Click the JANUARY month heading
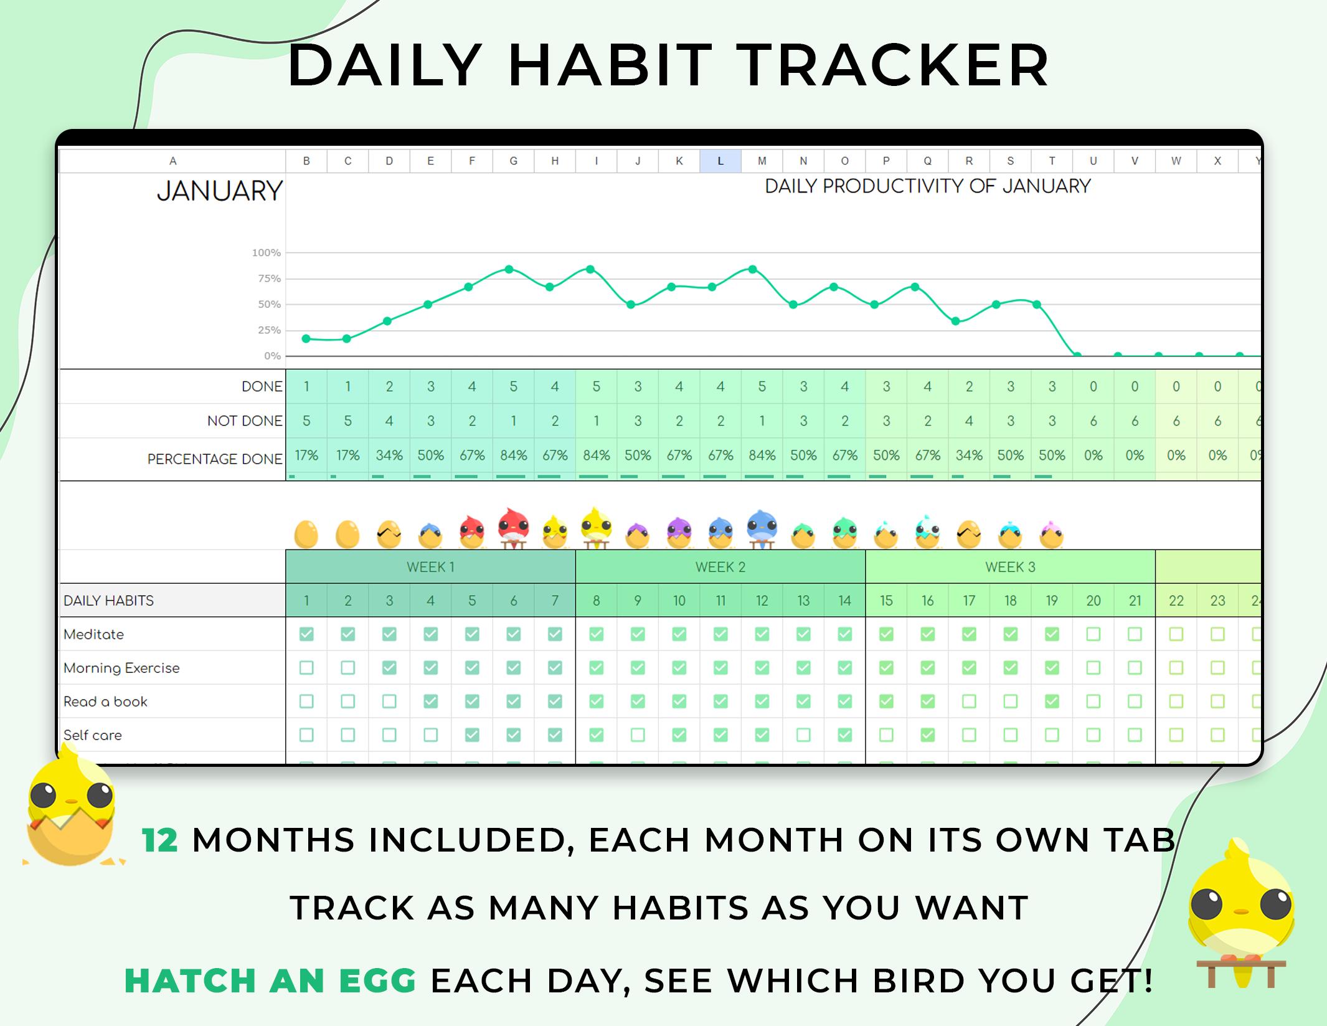[x=219, y=191]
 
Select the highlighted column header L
[x=720, y=161]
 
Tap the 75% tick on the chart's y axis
[x=269, y=278]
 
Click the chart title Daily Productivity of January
[x=927, y=186]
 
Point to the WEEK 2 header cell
[x=720, y=567]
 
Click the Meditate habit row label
[x=94, y=634]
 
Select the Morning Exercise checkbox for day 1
[x=306, y=668]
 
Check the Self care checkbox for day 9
[x=638, y=735]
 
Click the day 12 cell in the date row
[x=762, y=601]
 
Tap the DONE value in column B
[x=306, y=386]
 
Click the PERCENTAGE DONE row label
[x=214, y=459]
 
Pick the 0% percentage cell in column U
[x=1093, y=455]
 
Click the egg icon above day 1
[x=306, y=534]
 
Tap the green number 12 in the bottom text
[x=160, y=840]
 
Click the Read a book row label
[x=105, y=701]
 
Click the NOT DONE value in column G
[x=514, y=421]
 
